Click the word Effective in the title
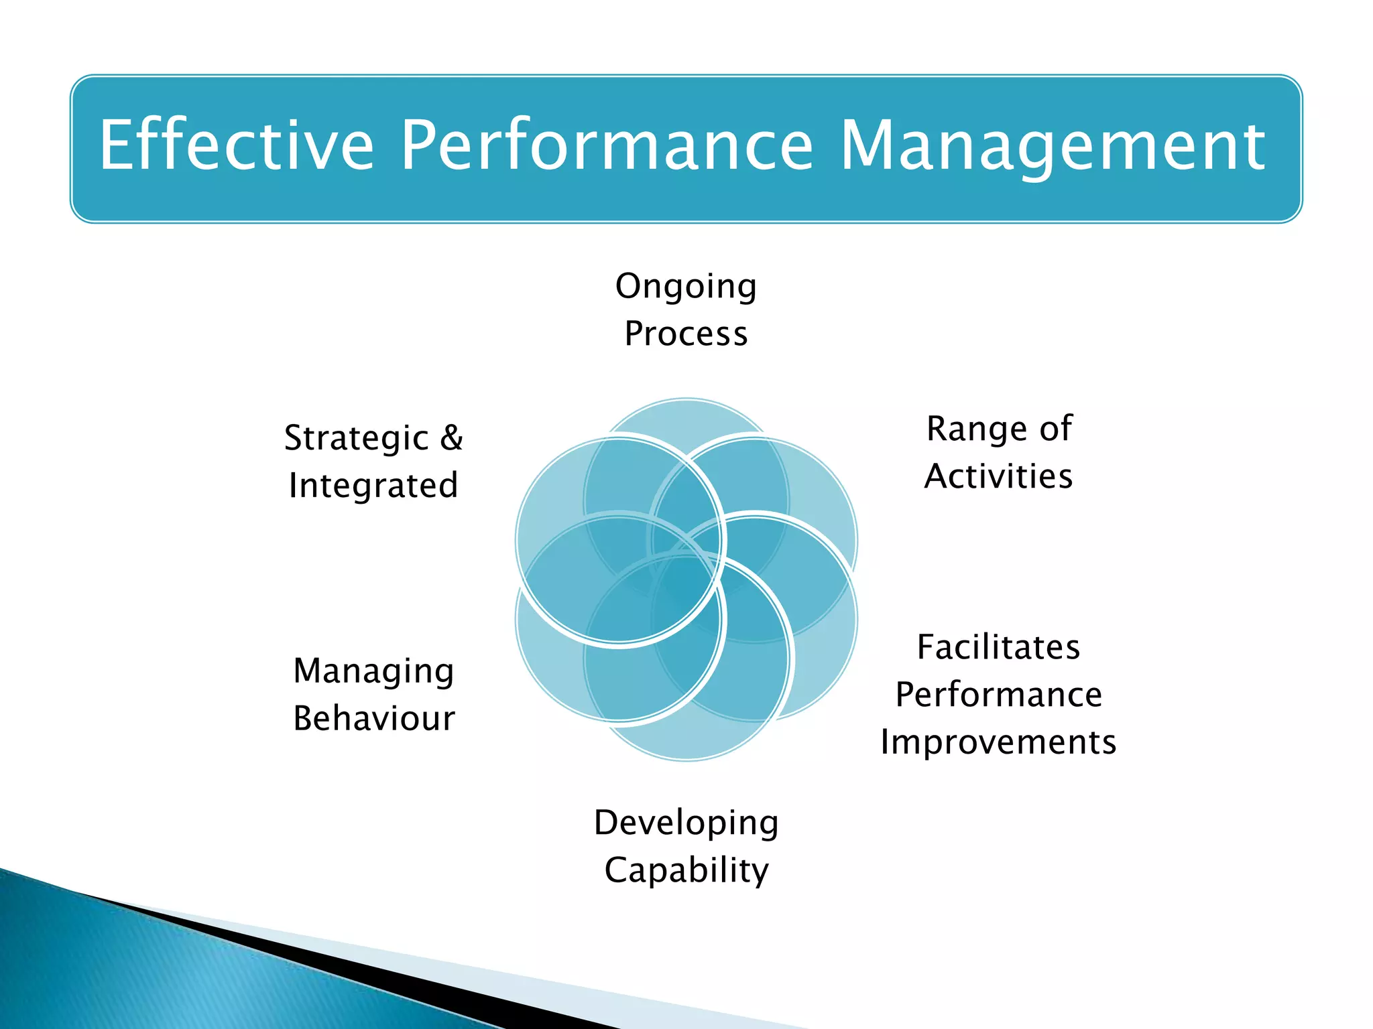(x=236, y=145)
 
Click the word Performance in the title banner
(x=607, y=145)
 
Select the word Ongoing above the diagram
(x=686, y=287)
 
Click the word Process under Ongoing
(x=686, y=334)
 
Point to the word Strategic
(x=356, y=438)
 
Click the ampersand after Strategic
(x=452, y=437)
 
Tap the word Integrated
(x=373, y=485)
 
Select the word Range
(x=976, y=429)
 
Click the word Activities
(x=998, y=476)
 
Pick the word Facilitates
(x=998, y=647)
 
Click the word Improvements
(x=998, y=742)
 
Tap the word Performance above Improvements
(x=998, y=695)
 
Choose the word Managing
(x=374, y=671)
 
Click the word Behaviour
(x=374, y=718)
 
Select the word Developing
(x=686, y=823)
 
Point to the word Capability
(x=686, y=870)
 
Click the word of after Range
(x=1056, y=429)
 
